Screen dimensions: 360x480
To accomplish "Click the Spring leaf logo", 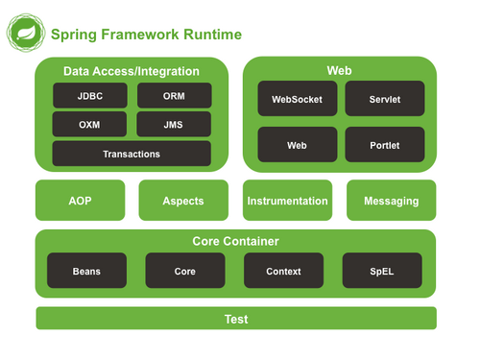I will [26, 34].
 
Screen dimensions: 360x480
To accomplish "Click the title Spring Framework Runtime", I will [146, 36].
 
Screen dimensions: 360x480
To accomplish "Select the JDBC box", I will [89, 97].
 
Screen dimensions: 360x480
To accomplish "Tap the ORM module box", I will [174, 97].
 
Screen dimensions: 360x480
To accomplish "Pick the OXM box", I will [89, 125].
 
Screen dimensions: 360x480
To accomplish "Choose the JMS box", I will [174, 125].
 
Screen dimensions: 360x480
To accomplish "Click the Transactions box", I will [132, 154].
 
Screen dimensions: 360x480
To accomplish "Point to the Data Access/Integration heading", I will [132, 71].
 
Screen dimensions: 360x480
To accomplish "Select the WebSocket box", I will [298, 99].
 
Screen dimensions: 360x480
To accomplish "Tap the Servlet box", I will [385, 99].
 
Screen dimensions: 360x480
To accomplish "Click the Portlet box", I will [385, 145].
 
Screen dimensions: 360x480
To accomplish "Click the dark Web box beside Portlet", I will [298, 145].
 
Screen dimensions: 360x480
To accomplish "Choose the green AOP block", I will [80, 201].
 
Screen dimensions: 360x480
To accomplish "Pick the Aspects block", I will [183, 201].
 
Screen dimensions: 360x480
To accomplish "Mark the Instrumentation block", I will [287, 201].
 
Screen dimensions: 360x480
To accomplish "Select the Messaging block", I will [391, 201].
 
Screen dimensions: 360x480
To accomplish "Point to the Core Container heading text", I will [236, 241].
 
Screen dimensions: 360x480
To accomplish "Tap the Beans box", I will [86, 272].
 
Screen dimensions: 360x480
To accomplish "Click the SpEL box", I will [383, 272].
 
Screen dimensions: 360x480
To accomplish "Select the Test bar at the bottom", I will [236, 319].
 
